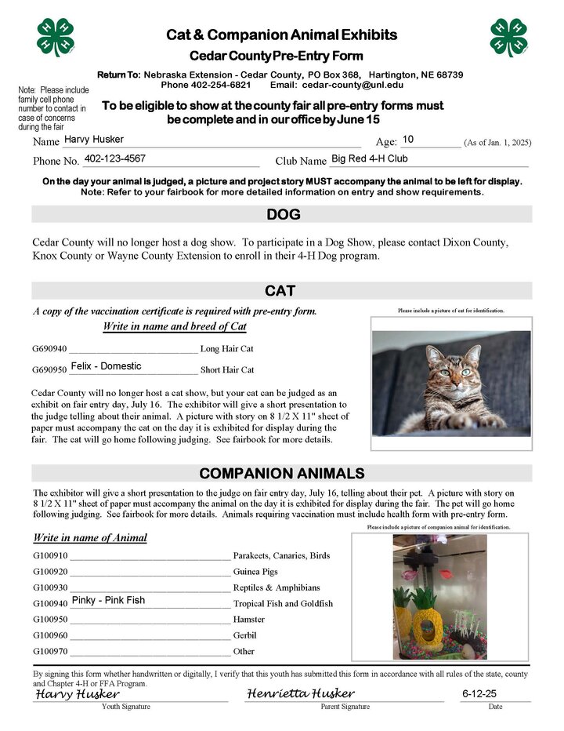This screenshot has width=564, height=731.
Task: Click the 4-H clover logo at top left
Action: click(x=55, y=37)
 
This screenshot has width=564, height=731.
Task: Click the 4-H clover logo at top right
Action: click(x=508, y=37)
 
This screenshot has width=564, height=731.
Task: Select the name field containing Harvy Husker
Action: click(x=94, y=140)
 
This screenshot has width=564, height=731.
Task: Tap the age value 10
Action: click(x=408, y=140)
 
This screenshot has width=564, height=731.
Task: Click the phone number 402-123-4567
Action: click(x=115, y=159)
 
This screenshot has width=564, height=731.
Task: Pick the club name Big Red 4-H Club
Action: click(x=370, y=159)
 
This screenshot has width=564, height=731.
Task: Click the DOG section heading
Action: click(x=283, y=214)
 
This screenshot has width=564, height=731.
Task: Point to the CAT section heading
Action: click(x=280, y=291)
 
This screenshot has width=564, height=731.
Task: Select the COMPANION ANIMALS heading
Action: click(x=281, y=473)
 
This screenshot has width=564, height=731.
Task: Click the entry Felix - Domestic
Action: click(x=106, y=366)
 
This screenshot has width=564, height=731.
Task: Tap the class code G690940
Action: click(x=49, y=348)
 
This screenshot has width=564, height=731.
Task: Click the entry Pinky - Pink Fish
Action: click(x=108, y=601)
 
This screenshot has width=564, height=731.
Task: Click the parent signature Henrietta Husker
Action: click(x=301, y=694)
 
